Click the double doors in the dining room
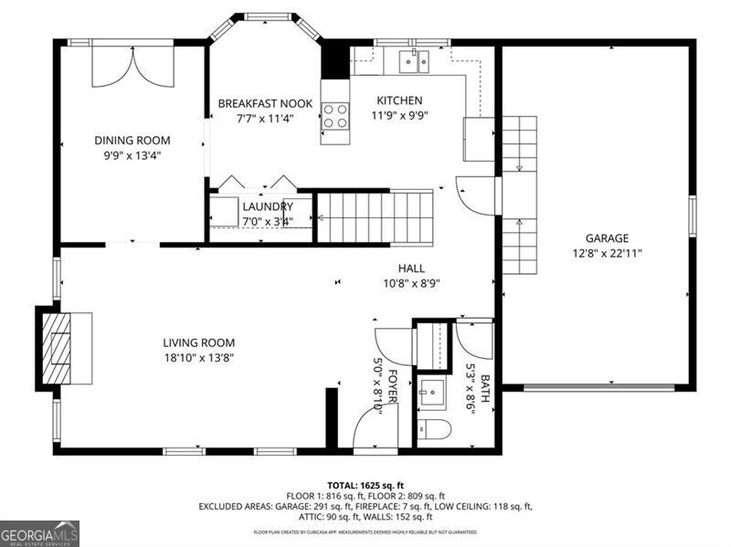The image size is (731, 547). (132, 64)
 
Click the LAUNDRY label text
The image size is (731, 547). (267, 206)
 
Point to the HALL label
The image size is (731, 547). (411, 268)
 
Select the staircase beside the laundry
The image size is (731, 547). (375, 216)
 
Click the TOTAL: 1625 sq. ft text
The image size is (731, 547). (365, 485)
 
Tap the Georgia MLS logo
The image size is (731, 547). (39, 532)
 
